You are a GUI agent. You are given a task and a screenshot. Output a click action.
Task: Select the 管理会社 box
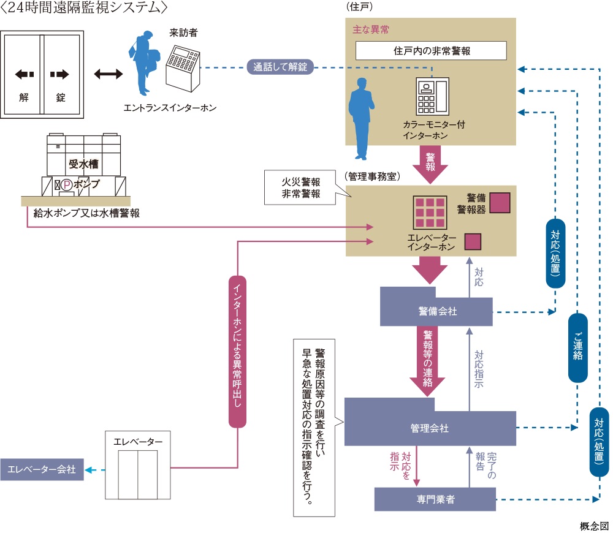pos(429,428)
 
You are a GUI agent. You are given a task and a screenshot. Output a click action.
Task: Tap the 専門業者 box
pos(435,499)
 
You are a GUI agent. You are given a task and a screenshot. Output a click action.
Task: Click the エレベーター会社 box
pos(42,470)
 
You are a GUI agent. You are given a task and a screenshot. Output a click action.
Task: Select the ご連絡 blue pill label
pos(578,347)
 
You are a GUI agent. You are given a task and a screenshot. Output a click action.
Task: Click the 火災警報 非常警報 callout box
pos(301,187)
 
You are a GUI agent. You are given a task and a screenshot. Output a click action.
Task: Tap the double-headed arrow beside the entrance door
pos(109,75)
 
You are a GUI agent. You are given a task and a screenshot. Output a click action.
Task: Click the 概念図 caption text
pos(594,526)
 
